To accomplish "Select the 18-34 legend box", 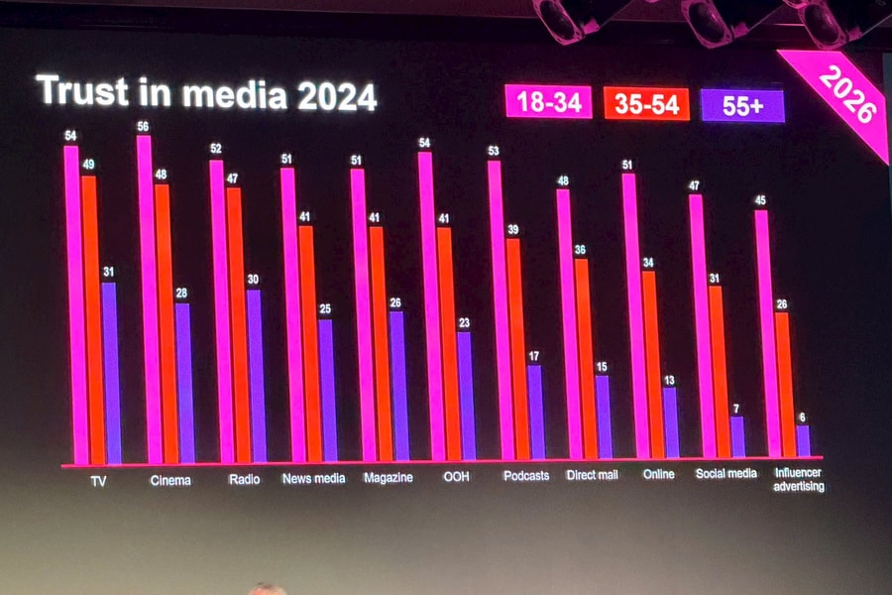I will click(x=548, y=102).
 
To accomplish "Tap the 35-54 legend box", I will click(x=646, y=103).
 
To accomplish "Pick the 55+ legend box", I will click(x=742, y=105).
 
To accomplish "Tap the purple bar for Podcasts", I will click(x=535, y=411).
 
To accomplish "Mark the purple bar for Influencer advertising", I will click(x=803, y=440).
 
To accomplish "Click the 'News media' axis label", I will click(x=313, y=478).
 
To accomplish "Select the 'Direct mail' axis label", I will click(x=592, y=475).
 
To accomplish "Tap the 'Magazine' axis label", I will click(x=387, y=477).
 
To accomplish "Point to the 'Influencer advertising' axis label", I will click(x=799, y=479).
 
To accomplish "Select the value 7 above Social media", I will click(x=736, y=409).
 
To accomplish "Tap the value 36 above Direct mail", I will click(x=582, y=250).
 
